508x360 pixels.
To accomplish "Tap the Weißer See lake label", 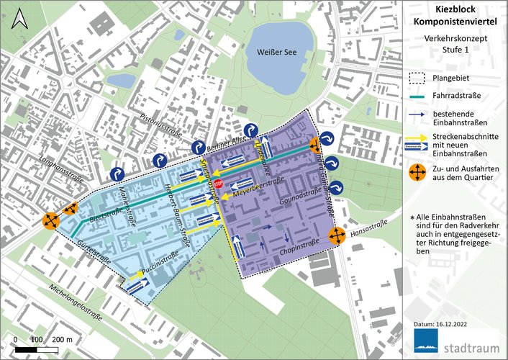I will (277, 53).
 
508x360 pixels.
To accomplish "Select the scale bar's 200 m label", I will (61, 338).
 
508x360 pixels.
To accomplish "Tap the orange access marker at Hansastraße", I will (337, 235).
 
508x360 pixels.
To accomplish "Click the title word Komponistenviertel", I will (450, 23).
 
